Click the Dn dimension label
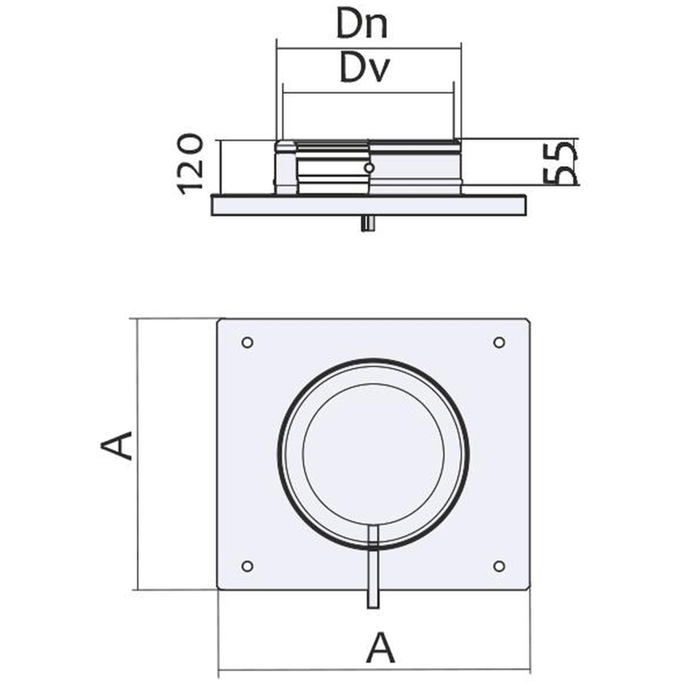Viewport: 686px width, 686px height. coord(362,25)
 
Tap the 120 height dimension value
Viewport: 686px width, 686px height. coord(191,165)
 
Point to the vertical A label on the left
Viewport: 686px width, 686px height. coord(117,446)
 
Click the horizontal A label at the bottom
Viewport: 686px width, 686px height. coord(380,648)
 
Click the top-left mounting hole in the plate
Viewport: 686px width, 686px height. coord(248,342)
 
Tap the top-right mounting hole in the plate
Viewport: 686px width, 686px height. coord(499,342)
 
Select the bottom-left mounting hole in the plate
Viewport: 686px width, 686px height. coord(248,565)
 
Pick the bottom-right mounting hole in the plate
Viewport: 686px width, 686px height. coord(499,565)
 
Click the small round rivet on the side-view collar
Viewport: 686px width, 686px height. coord(369,167)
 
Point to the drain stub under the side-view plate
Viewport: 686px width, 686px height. coord(369,224)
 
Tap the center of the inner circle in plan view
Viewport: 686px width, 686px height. coord(373,454)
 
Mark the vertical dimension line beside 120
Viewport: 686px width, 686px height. coord(221,165)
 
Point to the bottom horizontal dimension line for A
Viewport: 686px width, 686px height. coord(374,670)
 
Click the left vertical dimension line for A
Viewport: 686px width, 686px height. coord(139,453)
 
